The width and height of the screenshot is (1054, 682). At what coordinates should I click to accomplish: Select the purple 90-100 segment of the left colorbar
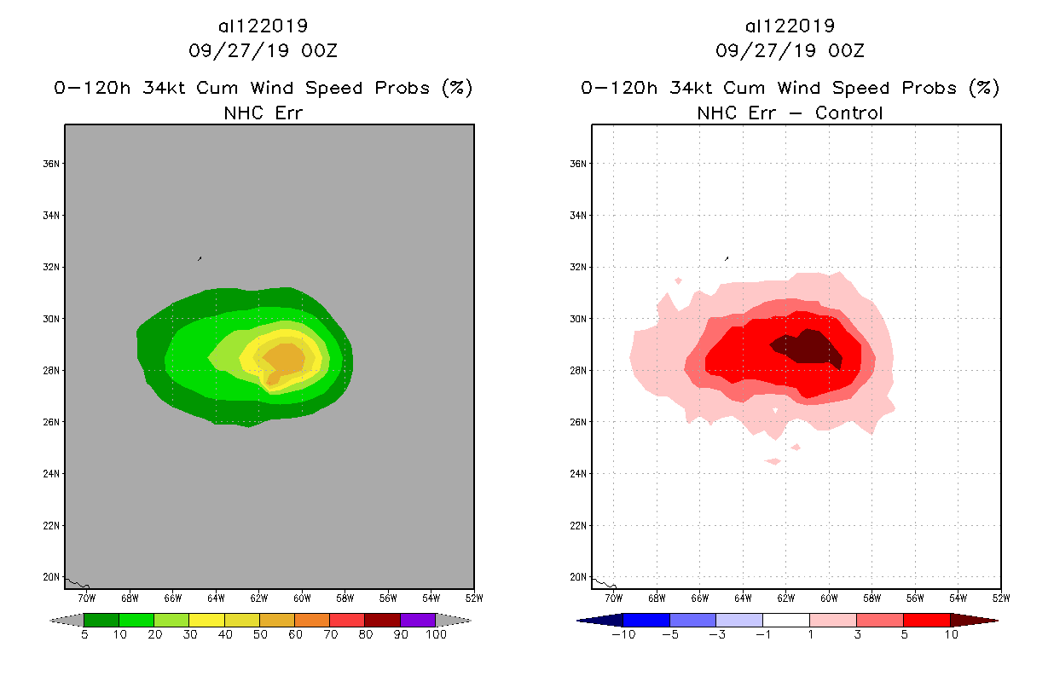[x=418, y=620]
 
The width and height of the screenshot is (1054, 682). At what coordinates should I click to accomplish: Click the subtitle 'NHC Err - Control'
[x=790, y=113]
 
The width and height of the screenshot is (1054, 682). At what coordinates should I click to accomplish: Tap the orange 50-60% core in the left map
[x=283, y=359]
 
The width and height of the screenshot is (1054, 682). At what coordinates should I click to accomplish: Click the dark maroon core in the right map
[x=810, y=349]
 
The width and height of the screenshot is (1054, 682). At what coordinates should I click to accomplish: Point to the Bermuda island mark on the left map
[x=200, y=257]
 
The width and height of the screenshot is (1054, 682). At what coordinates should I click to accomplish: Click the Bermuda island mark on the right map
[x=727, y=257]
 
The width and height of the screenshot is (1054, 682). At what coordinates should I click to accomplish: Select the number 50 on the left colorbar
[x=259, y=635]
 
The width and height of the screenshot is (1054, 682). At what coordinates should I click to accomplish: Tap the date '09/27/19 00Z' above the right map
[x=790, y=51]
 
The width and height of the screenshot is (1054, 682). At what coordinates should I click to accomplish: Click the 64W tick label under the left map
[x=216, y=597]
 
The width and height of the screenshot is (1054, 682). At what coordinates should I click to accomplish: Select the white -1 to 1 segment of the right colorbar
[x=785, y=620]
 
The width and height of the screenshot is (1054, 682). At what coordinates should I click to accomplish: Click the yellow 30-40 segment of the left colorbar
[x=206, y=620]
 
